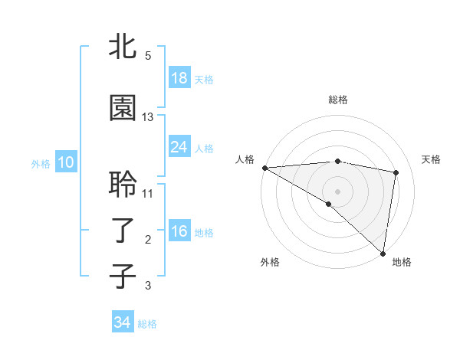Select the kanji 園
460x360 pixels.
(x=123, y=108)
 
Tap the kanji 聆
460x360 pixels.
(x=123, y=185)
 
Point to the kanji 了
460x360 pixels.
(x=123, y=231)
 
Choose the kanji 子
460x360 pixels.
(x=123, y=276)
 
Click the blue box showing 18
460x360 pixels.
(x=179, y=78)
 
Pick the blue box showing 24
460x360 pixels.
(x=179, y=146)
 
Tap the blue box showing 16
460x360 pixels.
(x=179, y=231)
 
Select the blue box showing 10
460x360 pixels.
(x=65, y=162)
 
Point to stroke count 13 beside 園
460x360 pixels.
(x=148, y=117)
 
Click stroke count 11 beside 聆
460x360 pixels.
(x=148, y=193)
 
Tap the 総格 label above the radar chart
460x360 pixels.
(x=338, y=100)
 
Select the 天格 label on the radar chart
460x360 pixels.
(x=432, y=159)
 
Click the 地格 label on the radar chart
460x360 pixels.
(x=402, y=262)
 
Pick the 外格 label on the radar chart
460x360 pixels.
(x=270, y=262)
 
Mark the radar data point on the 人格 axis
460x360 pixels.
(x=264, y=168)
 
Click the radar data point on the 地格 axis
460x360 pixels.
(x=383, y=253)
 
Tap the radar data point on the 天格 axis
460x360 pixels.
(x=396, y=172)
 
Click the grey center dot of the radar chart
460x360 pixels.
(x=337, y=190)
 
